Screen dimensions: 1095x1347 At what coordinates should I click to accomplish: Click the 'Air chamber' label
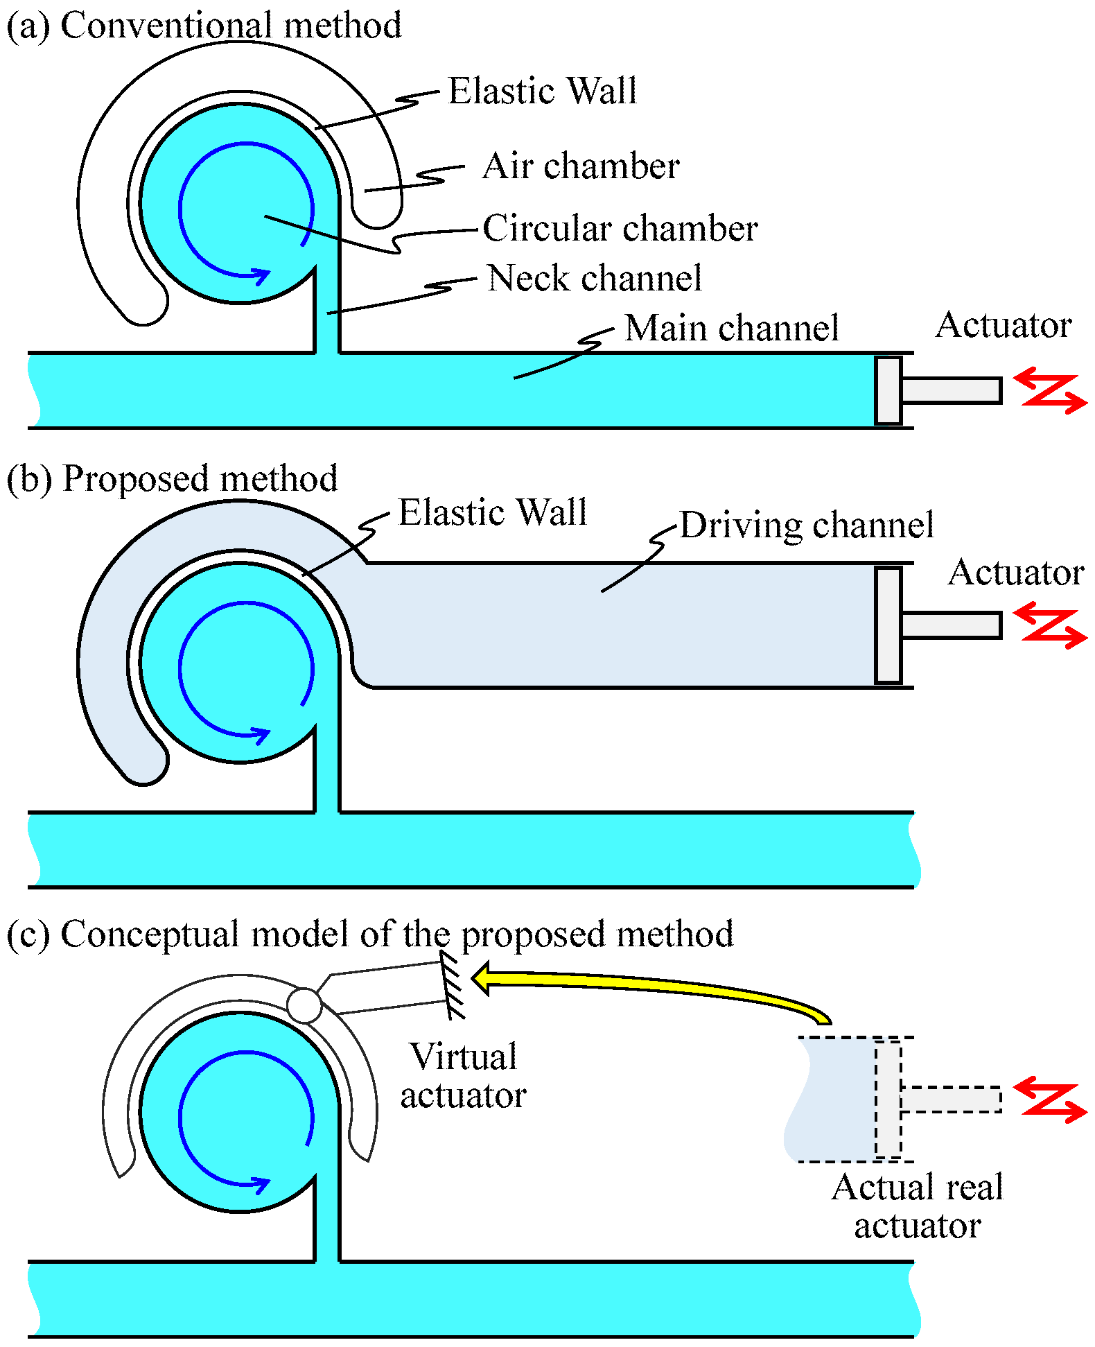581,166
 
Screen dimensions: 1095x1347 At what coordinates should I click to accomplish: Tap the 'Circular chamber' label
620,228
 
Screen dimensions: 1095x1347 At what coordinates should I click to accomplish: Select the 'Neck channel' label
595,278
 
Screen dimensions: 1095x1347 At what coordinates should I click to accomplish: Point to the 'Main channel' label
732,327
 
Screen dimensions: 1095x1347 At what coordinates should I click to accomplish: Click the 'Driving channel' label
807,525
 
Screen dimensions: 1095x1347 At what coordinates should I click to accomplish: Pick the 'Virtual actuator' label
463,1076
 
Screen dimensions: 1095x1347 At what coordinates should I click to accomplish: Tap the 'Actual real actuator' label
918,1206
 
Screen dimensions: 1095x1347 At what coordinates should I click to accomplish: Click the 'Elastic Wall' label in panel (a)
543,91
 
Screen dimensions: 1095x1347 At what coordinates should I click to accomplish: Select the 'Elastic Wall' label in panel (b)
493,512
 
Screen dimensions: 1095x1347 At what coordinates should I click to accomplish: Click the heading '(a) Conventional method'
204,26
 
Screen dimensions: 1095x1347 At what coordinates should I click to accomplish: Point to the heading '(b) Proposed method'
172,478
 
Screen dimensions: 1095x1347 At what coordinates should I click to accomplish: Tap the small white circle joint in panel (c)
304,1005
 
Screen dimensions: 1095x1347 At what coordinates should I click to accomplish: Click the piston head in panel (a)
888,390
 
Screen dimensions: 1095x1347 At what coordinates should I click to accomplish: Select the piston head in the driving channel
888,625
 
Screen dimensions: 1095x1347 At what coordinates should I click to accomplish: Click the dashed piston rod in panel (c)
952,1100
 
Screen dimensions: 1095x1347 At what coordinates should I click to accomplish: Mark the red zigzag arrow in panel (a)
1050,390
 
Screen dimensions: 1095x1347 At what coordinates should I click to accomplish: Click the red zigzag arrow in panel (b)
1050,625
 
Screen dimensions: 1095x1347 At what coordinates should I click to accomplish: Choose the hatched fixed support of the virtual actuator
453,984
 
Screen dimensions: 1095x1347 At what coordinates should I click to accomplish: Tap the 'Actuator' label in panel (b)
1016,573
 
